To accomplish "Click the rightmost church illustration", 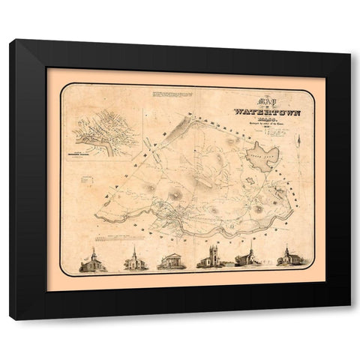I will [x=286, y=259].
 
